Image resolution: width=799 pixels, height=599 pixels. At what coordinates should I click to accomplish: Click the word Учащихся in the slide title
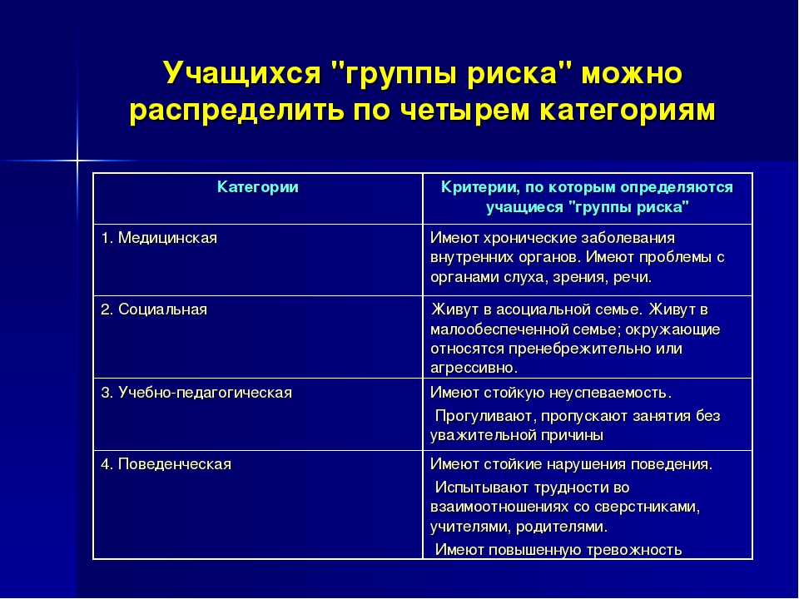pyautogui.click(x=242, y=73)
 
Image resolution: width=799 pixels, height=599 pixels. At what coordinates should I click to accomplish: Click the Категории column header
pyautogui.click(x=258, y=187)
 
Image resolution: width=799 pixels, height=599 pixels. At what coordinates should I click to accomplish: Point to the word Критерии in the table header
pyautogui.click(x=479, y=187)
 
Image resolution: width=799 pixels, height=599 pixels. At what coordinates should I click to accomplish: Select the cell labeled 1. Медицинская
pyautogui.click(x=159, y=238)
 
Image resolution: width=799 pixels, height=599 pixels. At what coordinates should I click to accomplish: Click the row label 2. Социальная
pyautogui.click(x=154, y=309)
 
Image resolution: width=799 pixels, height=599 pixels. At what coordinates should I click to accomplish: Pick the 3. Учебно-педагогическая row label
pyautogui.click(x=196, y=393)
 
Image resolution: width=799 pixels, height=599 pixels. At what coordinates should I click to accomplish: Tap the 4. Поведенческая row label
pyautogui.click(x=166, y=464)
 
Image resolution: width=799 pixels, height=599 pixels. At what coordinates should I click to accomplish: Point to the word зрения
pyautogui.click(x=576, y=278)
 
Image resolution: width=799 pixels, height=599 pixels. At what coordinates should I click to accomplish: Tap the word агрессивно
pyautogui.click(x=474, y=368)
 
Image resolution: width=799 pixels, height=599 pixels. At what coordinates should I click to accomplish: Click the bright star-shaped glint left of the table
pyautogui.click(x=77, y=161)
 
